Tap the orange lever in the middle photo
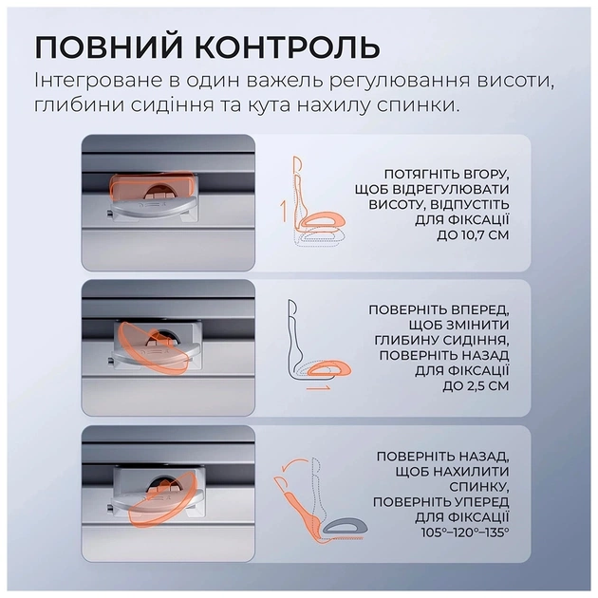tap(152, 344)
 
